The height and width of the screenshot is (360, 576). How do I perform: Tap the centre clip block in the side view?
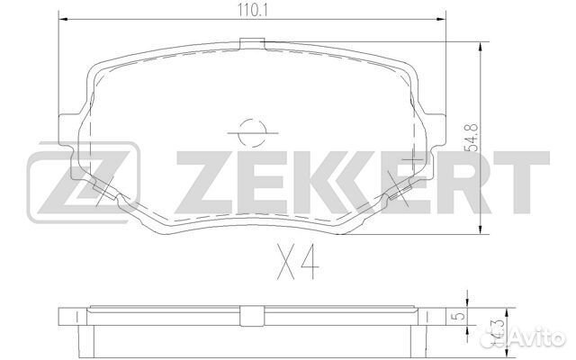pyautogui.click(x=252, y=313)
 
